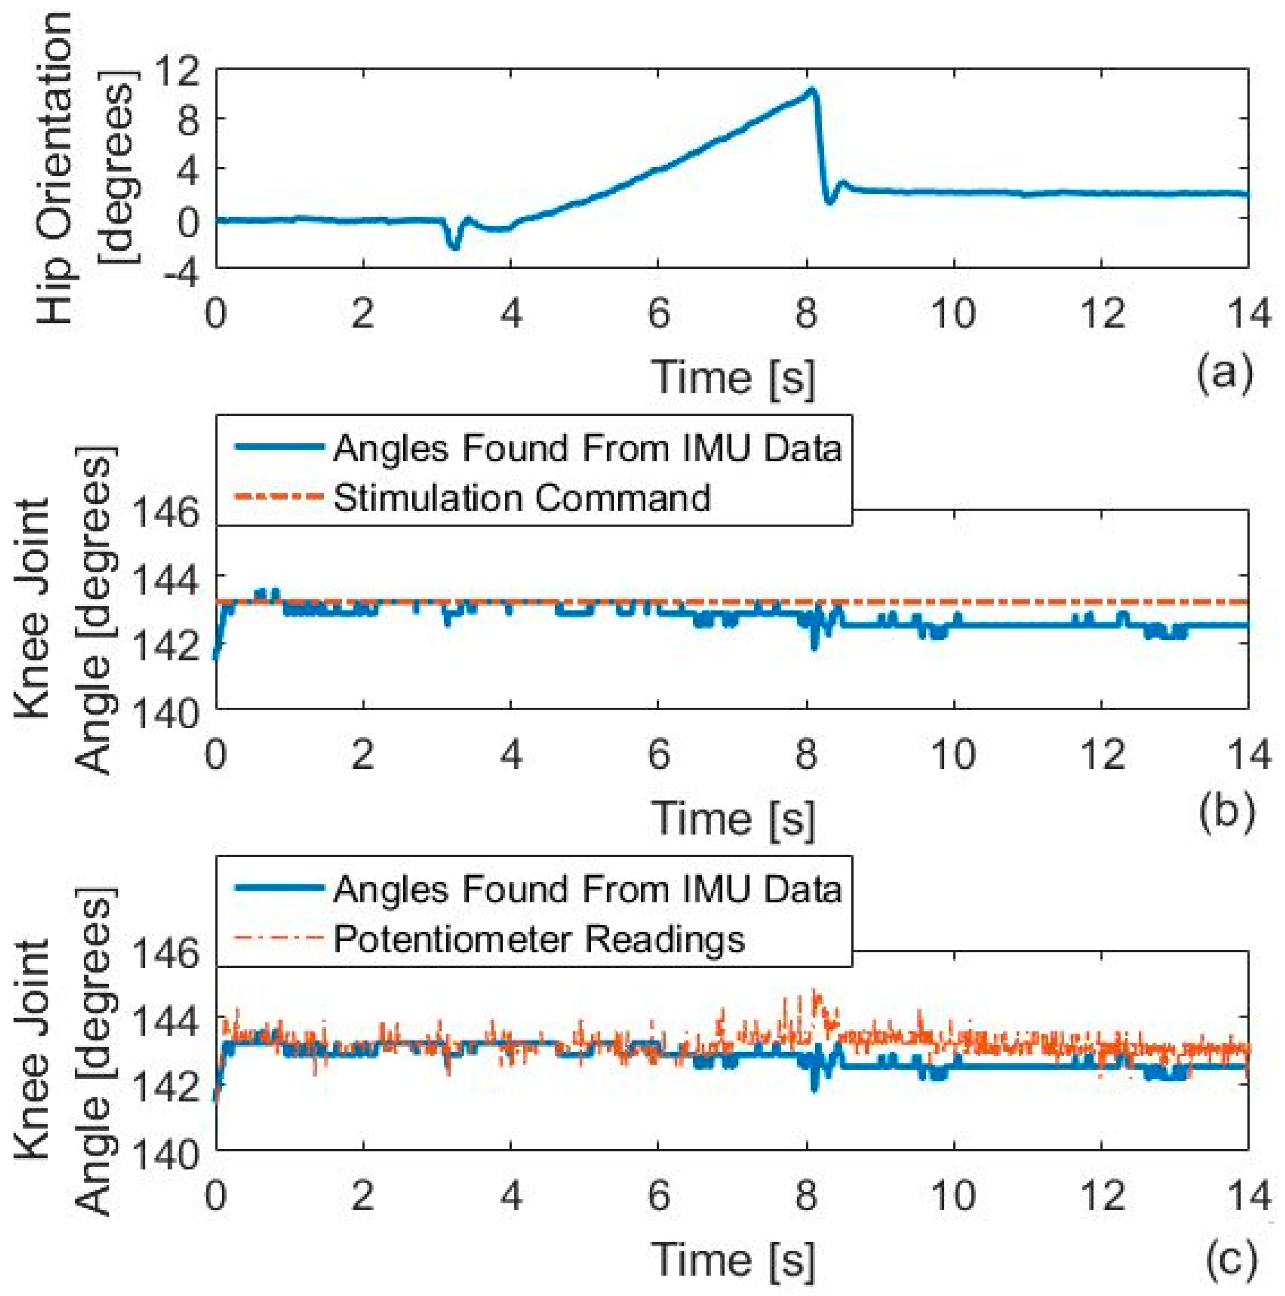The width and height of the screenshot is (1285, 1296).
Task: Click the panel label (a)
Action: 1224,373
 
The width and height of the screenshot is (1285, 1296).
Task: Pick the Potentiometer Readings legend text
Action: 538,938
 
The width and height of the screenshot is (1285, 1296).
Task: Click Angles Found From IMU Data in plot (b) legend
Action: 587,447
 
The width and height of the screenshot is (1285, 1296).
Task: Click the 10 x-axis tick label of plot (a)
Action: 953,313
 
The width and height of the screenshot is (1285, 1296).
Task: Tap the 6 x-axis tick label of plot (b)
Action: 659,754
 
